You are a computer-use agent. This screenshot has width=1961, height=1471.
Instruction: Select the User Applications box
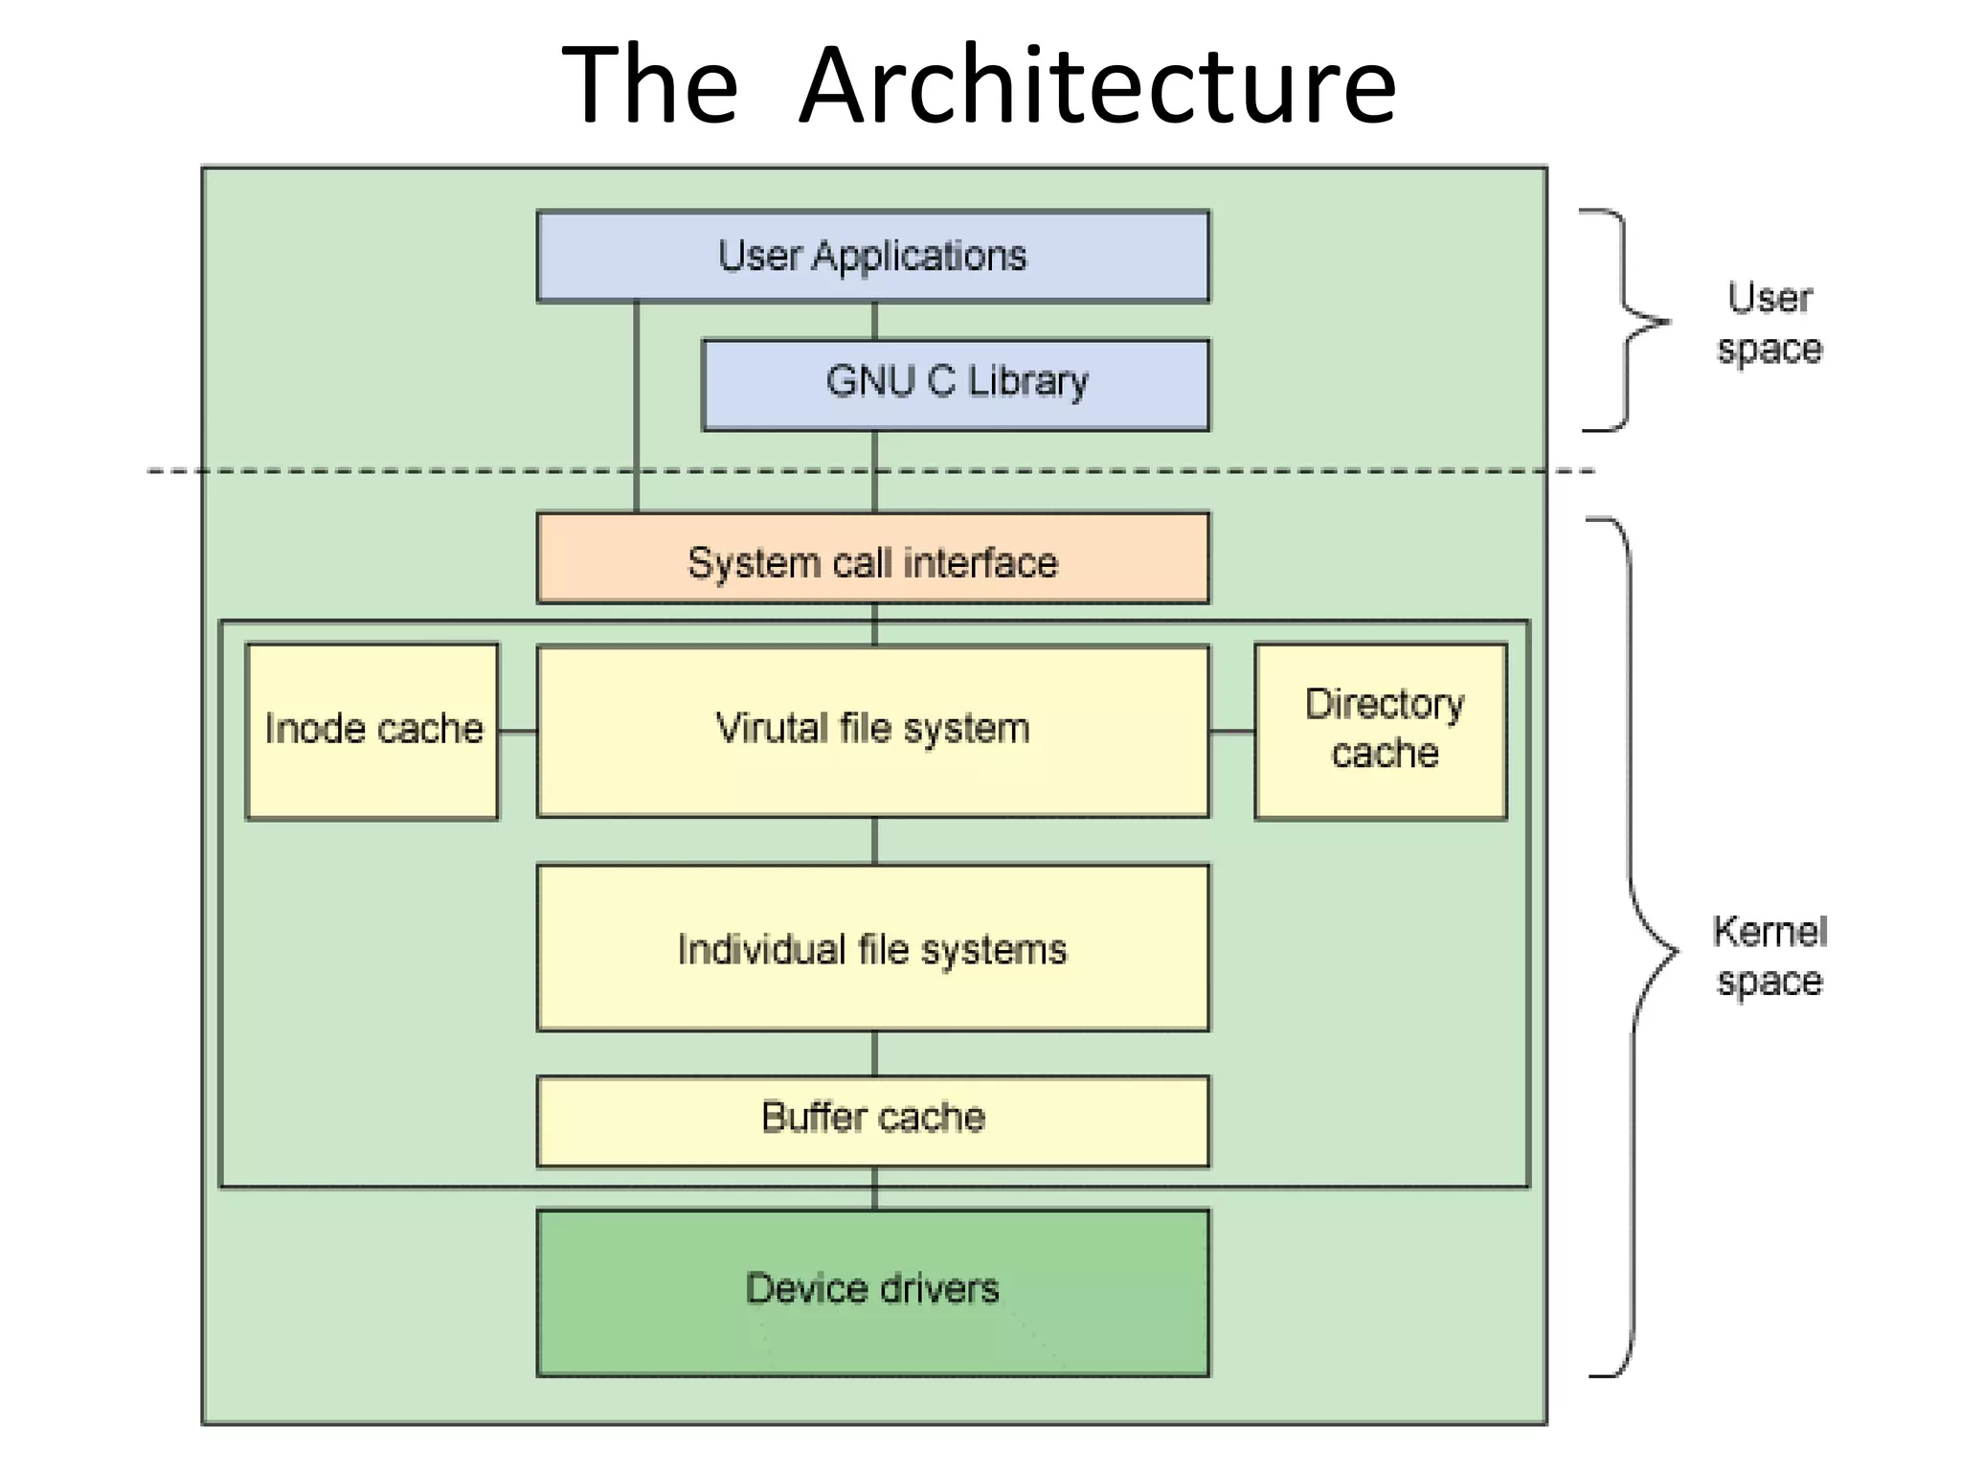point(872,257)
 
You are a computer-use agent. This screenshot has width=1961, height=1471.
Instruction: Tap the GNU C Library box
point(956,383)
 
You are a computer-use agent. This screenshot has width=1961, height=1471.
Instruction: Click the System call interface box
point(872,560)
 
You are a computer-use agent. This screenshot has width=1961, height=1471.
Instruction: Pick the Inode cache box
point(372,730)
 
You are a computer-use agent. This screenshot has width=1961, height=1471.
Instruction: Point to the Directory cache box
point(1380,730)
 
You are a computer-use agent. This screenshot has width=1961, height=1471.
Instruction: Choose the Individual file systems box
point(872,948)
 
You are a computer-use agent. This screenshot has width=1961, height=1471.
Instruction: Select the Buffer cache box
point(872,1120)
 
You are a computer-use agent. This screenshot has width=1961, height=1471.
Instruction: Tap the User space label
point(1769,324)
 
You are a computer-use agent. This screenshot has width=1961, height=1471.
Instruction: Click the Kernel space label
point(1769,956)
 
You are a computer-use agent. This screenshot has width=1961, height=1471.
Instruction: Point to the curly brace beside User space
point(1627,321)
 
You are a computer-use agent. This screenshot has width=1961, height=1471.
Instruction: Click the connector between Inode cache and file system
point(518,732)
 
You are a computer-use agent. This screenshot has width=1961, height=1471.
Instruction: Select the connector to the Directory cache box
point(1231,732)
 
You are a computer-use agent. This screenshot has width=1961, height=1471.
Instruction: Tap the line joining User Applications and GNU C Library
point(874,321)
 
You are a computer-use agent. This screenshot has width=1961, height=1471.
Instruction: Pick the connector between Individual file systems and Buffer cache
point(874,1053)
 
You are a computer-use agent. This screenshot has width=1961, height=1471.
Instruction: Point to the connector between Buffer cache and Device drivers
point(874,1189)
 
